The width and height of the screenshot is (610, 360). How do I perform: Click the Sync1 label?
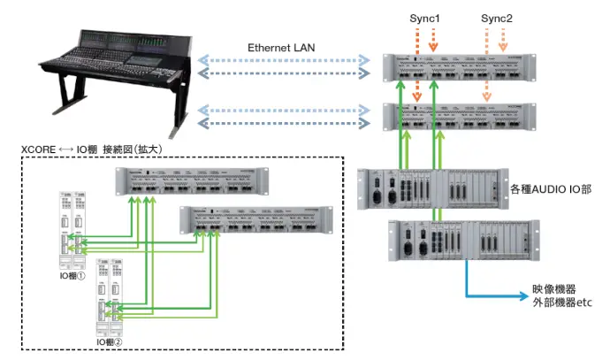424,18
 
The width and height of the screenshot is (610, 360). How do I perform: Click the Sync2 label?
496,18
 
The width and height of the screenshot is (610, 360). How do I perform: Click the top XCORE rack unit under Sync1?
460,70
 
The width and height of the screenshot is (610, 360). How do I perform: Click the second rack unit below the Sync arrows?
460,119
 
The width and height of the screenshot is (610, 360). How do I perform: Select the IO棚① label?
70,277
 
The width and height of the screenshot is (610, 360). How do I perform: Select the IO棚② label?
110,340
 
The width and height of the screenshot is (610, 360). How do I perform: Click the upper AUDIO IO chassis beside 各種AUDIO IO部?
428,188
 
